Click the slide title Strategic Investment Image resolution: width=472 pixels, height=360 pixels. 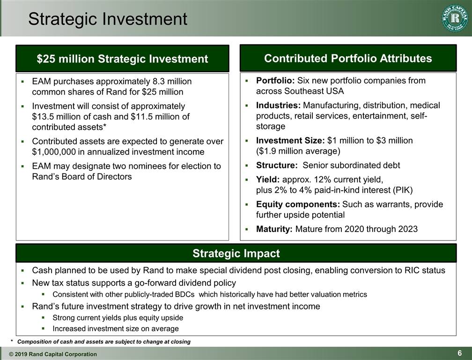tap(107, 19)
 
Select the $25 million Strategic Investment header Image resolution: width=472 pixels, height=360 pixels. tap(122, 59)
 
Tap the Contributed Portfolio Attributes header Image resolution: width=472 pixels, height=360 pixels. tap(348, 58)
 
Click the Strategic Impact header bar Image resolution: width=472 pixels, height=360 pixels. tap(236, 254)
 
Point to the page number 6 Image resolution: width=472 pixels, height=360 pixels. tap(460, 353)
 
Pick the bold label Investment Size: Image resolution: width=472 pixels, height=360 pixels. tap(290, 141)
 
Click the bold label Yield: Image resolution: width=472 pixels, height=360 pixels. tap(268, 180)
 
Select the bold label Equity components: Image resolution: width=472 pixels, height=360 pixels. tap(298, 204)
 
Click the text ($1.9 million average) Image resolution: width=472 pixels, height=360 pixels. tap(298, 151)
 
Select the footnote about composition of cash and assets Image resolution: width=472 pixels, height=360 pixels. tap(103, 342)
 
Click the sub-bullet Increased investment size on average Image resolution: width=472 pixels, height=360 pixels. tap(115, 329)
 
